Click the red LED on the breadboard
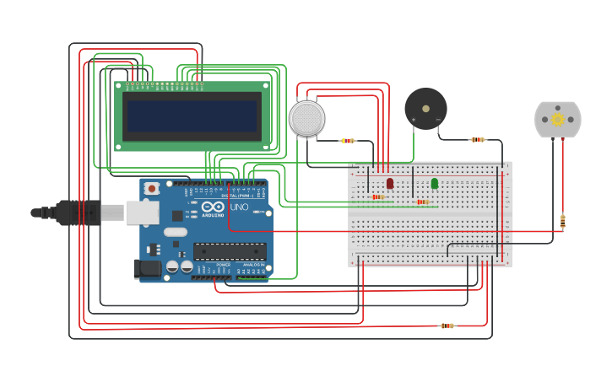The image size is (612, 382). tap(390, 183)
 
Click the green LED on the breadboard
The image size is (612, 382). tap(435, 183)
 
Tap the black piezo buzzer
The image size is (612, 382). tap(425, 108)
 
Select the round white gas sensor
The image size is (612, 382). tap(306, 118)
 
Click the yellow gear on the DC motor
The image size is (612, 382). tap(558, 120)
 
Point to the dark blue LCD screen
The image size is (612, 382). tap(192, 116)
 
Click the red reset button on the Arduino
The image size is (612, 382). tap(151, 188)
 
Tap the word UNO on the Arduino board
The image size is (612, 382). tap(239, 207)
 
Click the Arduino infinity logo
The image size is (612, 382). tap(214, 207)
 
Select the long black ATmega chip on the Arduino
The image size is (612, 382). tap(230, 250)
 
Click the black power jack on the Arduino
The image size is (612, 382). tap(147, 269)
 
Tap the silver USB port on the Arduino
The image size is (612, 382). tap(142, 213)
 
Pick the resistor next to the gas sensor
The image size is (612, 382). tap(348, 141)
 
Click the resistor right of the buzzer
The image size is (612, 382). tap(478, 139)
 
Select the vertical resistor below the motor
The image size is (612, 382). tap(562, 221)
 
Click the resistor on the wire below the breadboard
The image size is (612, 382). tap(447, 326)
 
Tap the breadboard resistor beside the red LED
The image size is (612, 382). tap(377, 196)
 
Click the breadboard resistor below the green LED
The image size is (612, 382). tap(423, 202)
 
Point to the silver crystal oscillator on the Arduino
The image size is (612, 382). tap(175, 232)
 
